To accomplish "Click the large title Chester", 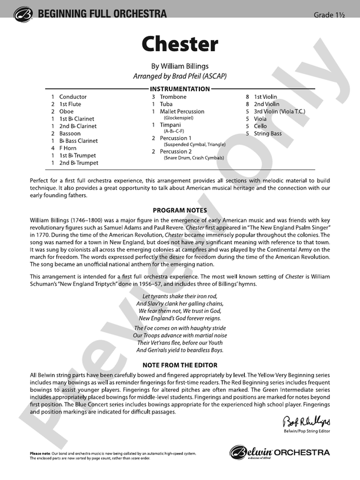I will (179, 45).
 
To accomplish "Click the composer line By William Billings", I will (179, 66).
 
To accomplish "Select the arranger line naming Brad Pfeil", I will (179, 77).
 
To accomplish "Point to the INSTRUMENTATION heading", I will (179, 89).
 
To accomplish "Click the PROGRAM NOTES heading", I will (179, 209).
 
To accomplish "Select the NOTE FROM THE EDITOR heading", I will (179, 365).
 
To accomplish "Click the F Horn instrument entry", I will (68, 148).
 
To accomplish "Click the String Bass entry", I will (268, 134).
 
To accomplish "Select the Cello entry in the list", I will (260, 126).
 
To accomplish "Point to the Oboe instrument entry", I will (66, 111).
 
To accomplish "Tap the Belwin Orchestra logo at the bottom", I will (279, 452).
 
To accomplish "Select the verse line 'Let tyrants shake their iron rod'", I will (179, 295).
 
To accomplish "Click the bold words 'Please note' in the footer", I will (41, 452).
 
